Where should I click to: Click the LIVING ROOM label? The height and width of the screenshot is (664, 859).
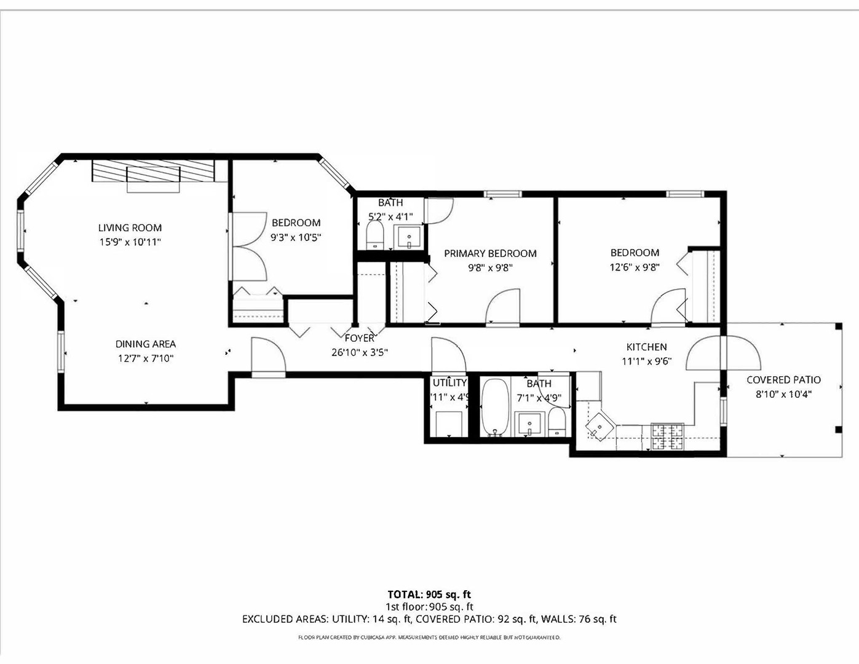130,227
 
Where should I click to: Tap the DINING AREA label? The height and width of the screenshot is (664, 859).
146,344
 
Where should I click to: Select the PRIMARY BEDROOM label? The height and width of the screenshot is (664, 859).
490,253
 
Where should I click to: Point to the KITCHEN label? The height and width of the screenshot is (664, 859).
646,347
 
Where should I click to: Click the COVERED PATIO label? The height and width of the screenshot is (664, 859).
783,380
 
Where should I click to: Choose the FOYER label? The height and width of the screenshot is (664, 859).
359,338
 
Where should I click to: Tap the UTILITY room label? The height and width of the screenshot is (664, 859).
449,383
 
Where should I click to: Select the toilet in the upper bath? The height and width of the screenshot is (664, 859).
374,235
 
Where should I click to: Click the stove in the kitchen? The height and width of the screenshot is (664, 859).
667,437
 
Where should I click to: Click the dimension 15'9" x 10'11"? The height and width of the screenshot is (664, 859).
130,242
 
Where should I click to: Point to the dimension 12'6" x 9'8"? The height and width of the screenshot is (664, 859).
635,267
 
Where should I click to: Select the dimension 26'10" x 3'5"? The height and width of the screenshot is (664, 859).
359,352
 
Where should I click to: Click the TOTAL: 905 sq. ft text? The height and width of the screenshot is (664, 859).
429,594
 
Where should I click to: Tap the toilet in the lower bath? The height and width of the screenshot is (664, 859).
556,423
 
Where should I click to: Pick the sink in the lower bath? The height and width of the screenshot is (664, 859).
529,424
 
